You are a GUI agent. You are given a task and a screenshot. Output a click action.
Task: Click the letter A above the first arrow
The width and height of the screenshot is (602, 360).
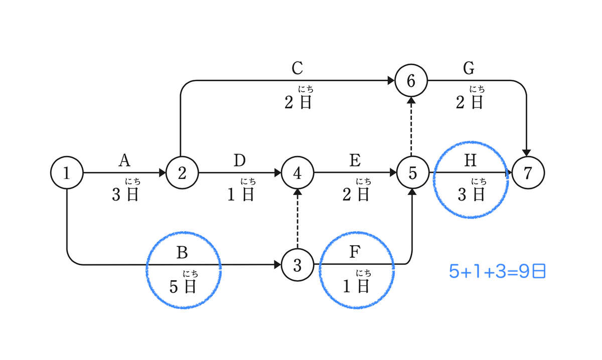pos(124,160)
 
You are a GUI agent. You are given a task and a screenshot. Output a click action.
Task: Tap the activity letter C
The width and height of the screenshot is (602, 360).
pos(297,68)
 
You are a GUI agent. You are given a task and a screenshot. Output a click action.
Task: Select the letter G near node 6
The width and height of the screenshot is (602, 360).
pos(469,68)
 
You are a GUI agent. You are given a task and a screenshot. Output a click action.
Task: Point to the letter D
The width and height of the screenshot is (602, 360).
pos(240,160)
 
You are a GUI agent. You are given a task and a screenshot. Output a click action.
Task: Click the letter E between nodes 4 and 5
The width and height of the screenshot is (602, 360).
pos(355,160)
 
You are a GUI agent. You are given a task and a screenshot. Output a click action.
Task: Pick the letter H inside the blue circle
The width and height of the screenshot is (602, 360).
pos(471,160)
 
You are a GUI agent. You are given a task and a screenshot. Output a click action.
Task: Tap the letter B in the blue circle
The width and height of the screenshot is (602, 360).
pos(182,253)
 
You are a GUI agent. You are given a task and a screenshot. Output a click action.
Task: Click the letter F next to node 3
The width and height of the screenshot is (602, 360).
pos(355,252)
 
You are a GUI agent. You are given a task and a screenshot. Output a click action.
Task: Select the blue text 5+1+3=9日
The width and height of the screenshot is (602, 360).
pos(497,271)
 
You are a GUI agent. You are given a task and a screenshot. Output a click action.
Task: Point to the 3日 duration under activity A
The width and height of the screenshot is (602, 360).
pos(125,194)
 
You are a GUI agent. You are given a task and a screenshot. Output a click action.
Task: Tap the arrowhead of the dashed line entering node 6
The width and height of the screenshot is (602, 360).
pos(411,100)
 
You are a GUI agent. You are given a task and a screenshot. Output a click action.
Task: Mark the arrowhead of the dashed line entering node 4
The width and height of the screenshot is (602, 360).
pos(297,192)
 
